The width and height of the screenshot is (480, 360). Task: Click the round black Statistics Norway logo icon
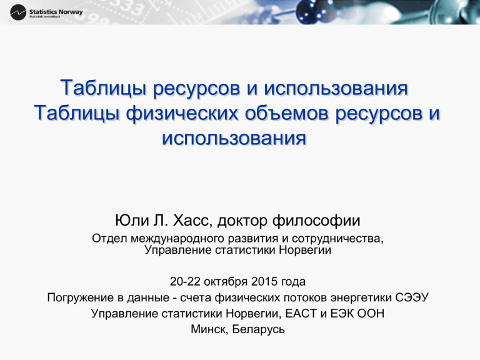tap(17, 12)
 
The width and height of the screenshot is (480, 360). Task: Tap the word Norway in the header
tap(71, 12)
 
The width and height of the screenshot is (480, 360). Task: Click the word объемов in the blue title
tap(287, 112)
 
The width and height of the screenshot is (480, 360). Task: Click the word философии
tap(316, 221)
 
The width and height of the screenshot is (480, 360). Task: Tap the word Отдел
tap(109, 239)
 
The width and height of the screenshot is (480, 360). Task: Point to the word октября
tap(225, 282)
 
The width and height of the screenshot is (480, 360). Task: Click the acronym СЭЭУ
tap(412, 297)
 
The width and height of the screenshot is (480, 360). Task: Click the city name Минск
tap(210, 329)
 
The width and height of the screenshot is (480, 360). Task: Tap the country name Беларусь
tap(259, 330)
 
